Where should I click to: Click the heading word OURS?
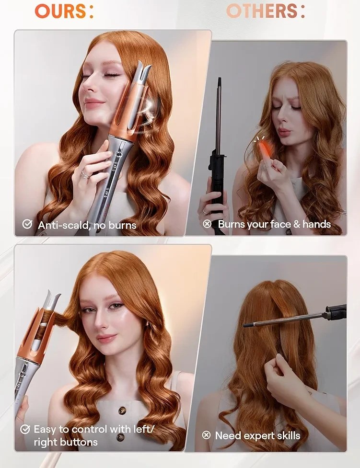tap(61, 11)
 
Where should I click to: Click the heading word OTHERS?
tap(262, 11)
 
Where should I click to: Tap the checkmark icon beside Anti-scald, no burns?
tap(27, 224)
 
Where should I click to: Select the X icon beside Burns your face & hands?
tap(207, 224)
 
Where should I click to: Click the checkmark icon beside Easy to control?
tap(25, 430)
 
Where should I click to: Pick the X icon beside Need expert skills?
tap(207, 435)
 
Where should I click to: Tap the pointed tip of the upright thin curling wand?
tap(219, 79)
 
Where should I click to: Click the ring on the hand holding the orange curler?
tap(85, 175)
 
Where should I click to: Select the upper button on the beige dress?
tap(122, 411)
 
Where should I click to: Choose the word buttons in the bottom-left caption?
tap(79, 442)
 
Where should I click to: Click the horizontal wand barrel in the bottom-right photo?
tap(284, 320)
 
